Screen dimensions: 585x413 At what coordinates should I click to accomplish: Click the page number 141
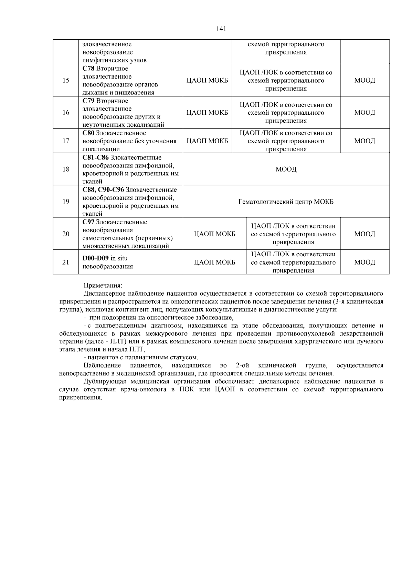pyautogui.click(x=221, y=29)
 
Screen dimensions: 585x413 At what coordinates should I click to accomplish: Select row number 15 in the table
pyautogui.click(x=66, y=80)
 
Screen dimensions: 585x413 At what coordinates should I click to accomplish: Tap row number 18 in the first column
pyautogui.click(x=66, y=169)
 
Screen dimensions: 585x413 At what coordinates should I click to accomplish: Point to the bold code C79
pyautogui.click(x=88, y=101)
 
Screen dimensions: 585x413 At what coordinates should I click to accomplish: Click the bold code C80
pyautogui.click(x=88, y=133)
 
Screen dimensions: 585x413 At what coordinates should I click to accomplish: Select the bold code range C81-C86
pyautogui.click(x=96, y=157)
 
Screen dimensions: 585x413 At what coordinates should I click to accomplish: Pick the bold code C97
pyautogui.click(x=88, y=222)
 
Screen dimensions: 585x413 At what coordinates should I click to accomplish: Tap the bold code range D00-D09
pyautogui.click(x=96, y=258)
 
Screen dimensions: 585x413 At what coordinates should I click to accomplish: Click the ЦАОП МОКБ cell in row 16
pyautogui.click(x=207, y=113)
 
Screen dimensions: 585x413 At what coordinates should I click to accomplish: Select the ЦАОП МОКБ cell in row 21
pyautogui.click(x=215, y=263)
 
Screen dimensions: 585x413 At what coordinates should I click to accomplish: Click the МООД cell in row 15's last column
pyautogui.click(x=365, y=80)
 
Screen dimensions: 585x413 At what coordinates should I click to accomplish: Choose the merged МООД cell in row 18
pyautogui.click(x=286, y=169)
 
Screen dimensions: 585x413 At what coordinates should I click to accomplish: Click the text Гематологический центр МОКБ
pyautogui.click(x=286, y=202)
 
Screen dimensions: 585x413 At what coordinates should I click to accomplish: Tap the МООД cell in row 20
pyautogui.click(x=365, y=234)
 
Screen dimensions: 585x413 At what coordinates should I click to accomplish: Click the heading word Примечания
pyautogui.click(x=103, y=286)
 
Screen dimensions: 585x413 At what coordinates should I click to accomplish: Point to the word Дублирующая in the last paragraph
pyautogui.click(x=102, y=381)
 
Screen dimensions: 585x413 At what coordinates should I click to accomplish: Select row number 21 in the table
pyautogui.click(x=66, y=263)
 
